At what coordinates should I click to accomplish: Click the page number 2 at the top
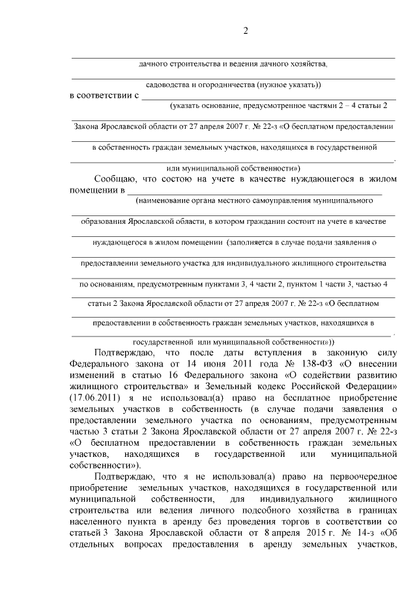pyautogui.click(x=246, y=30)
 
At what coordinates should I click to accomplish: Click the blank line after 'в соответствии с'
pyautogui.click(x=267, y=96)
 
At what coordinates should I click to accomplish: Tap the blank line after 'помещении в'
pyautogui.click(x=254, y=191)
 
